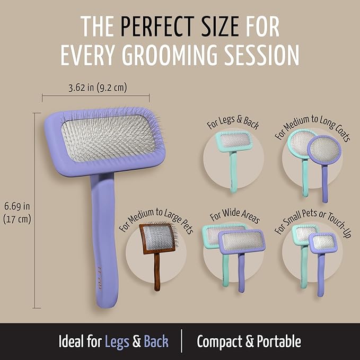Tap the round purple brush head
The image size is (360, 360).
point(324,151)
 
